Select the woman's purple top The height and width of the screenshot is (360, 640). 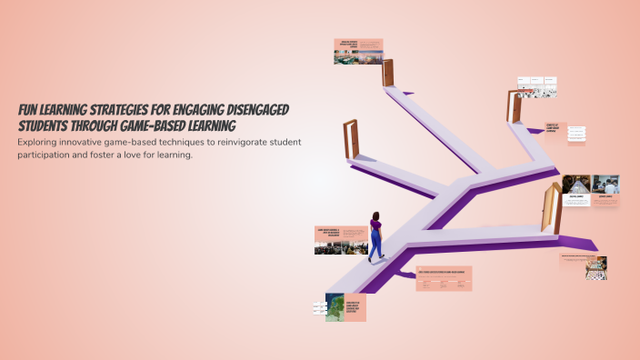(x=375, y=228)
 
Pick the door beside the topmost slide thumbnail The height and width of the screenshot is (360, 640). (x=390, y=72)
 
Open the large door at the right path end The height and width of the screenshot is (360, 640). (x=550, y=208)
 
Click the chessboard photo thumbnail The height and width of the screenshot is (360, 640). (x=596, y=266)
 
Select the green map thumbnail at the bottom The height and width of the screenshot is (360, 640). (x=334, y=306)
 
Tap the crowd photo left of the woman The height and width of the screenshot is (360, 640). (x=328, y=245)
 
